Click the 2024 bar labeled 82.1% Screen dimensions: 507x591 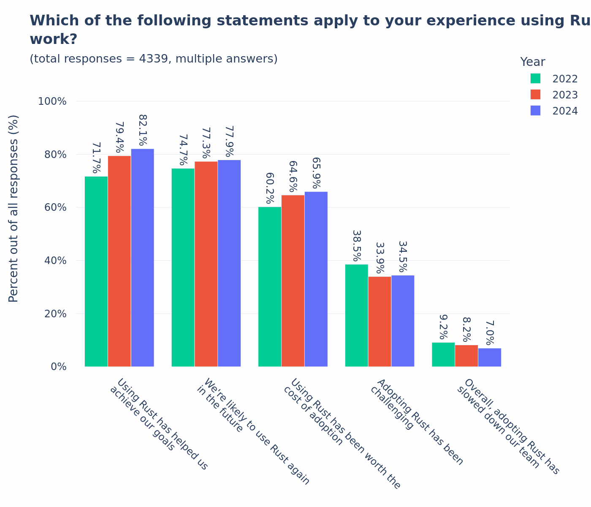click(142, 258)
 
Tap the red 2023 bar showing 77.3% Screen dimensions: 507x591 click(206, 264)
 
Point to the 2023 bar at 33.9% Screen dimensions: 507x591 click(380, 322)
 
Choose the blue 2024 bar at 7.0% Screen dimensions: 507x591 click(490, 357)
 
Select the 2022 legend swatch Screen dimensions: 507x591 click(535, 79)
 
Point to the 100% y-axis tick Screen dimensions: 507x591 click(52, 101)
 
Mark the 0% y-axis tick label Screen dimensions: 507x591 click(59, 367)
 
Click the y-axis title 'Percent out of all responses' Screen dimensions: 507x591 click(14, 208)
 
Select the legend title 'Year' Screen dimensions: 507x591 click(532, 62)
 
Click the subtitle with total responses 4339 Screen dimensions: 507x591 click(154, 59)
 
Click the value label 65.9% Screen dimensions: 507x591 click(316, 173)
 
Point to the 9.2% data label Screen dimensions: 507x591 click(443, 327)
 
